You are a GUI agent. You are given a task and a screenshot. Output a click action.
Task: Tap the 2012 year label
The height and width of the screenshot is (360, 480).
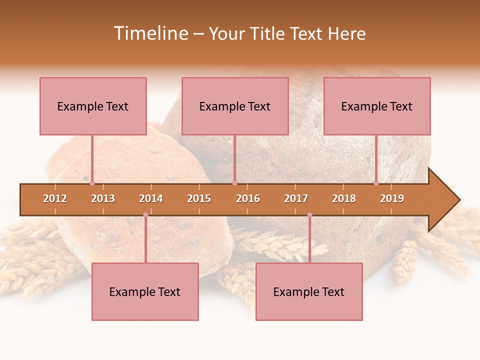pos(55,198)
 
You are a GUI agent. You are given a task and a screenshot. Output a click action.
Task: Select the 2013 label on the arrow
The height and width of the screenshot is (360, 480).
pos(103,198)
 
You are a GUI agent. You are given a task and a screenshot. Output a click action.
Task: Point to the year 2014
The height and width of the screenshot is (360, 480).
pos(151,198)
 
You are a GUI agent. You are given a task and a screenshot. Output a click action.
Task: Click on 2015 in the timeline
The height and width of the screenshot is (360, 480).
pos(199,198)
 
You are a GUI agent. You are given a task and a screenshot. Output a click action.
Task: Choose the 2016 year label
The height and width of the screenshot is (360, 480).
pos(248,198)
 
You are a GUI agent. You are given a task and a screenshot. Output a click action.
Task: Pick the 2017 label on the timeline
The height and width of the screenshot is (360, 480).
pos(296,198)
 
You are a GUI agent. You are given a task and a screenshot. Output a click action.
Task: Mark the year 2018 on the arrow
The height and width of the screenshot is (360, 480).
pos(344,198)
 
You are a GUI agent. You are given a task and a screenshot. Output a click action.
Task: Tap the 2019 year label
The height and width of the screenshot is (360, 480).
pos(392,198)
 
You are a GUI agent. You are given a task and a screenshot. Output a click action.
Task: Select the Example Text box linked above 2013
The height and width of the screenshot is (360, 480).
pos(93,106)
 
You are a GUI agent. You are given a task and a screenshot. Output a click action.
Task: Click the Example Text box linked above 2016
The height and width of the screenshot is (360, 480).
pos(235,106)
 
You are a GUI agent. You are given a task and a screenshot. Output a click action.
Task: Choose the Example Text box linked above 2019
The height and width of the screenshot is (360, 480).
pos(377,106)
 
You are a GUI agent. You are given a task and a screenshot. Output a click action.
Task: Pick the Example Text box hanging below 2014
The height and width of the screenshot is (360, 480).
pos(145,291)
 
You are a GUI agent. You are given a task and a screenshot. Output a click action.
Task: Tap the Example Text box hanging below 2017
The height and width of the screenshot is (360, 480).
pos(309,291)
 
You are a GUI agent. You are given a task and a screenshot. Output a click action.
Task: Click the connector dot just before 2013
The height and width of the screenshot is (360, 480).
pos(92,183)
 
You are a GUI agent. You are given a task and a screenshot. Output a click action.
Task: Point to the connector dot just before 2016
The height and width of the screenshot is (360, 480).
pos(234,183)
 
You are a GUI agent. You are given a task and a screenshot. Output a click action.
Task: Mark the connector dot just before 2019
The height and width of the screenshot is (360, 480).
pos(376,183)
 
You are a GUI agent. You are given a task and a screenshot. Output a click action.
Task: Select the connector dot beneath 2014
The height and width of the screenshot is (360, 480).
pos(145,215)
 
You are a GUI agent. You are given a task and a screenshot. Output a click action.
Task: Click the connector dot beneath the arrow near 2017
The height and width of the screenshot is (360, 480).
pos(309,215)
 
